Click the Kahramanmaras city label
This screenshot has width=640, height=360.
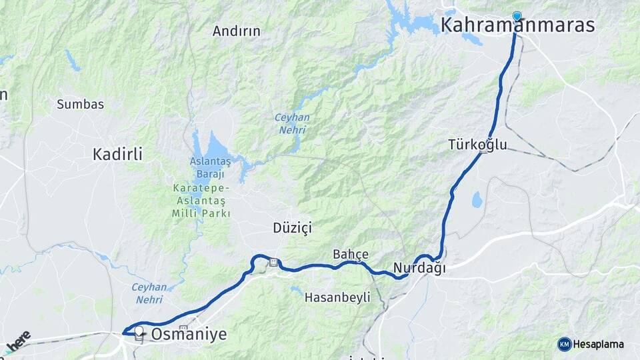pyautogui.click(x=517, y=26)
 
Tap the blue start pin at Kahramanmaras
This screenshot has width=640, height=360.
pyautogui.click(x=517, y=16)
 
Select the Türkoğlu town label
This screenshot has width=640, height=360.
pyautogui.click(x=477, y=145)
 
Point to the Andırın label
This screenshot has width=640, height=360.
pyautogui.click(x=236, y=31)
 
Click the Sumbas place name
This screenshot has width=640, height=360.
pyautogui.click(x=80, y=104)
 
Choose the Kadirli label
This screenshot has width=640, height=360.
pyautogui.click(x=117, y=155)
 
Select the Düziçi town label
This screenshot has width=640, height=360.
pyautogui.click(x=292, y=228)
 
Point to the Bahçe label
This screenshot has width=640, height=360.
pyautogui.click(x=351, y=254)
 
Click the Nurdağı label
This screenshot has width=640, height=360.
pyautogui.click(x=419, y=268)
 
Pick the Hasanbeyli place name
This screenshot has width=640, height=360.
pyautogui.click(x=337, y=298)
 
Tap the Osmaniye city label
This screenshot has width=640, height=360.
pyautogui.click(x=189, y=334)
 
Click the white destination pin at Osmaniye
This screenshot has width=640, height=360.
pyautogui.click(x=139, y=331)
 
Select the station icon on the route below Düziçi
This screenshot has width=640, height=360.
pyautogui.click(x=273, y=262)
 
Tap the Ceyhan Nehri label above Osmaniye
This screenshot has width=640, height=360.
pyautogui.click(x=149, y=293)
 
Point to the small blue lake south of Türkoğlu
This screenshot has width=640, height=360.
pyautogui.click(x=477, y=199)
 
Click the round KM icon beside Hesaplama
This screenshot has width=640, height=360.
pyautogui.click(x=565, y=344)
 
